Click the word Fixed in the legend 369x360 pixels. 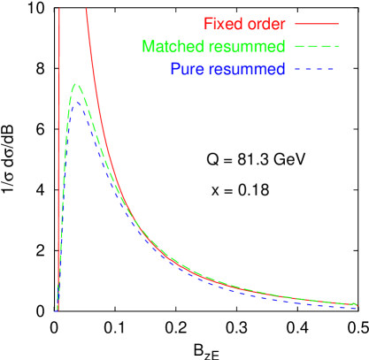click(x=223, y=23)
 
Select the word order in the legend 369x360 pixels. click(x=265, y=23)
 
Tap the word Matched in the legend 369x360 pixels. click(x=169, y=46)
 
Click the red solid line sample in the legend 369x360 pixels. click(x=316, y=23)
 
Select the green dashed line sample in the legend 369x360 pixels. click(x=316, y=46)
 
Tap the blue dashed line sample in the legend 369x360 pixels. click(x=316, y=69)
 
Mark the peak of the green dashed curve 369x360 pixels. click(x=76, y=85)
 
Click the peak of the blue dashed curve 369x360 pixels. click(x=77, y=102)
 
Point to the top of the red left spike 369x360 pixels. click(x=59, y=9)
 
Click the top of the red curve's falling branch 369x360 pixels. click(x=86, y=10)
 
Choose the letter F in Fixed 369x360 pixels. click(x=208, y=23)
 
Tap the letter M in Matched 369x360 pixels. click(x=146, y=46)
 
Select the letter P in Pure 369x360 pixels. click(x=173, y=69)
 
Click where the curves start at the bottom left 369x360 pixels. click(x=57, y=310)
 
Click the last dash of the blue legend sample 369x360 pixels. click(x=334, y=69)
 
